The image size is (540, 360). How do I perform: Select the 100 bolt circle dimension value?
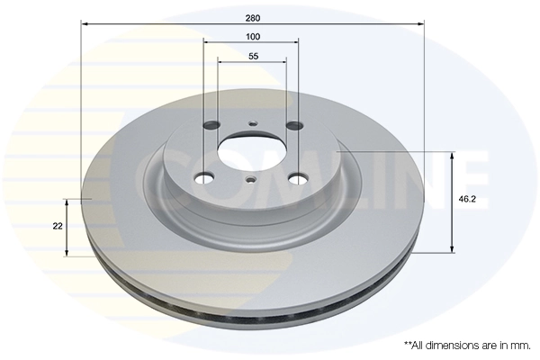click(x=253, y=36)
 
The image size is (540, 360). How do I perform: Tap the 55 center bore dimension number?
click(x=253, y=57)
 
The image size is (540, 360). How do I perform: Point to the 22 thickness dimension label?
click(x=58, y=227)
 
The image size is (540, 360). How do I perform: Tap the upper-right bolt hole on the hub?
click(x=292, y=127)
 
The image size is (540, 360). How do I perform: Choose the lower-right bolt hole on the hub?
click(x=294, y=179)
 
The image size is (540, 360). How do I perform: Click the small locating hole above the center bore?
click(x=252, y=124)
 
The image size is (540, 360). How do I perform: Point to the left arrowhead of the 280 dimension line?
click(x=85, y=25)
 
